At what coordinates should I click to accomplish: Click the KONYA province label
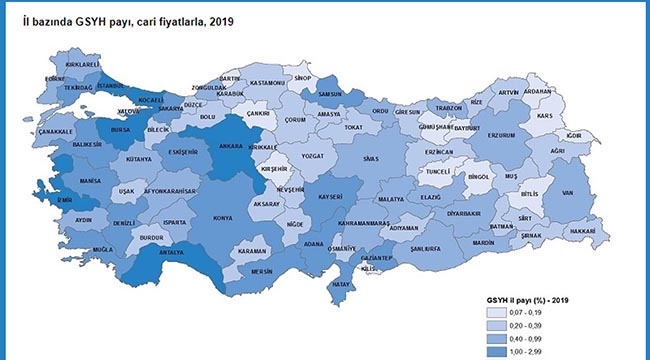pyautogui.click(x=223, y=217)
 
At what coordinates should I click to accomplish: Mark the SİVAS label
pyautogui.click(x=371, y=158)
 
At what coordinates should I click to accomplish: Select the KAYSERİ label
pyautogui.click(x=331, y=195)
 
